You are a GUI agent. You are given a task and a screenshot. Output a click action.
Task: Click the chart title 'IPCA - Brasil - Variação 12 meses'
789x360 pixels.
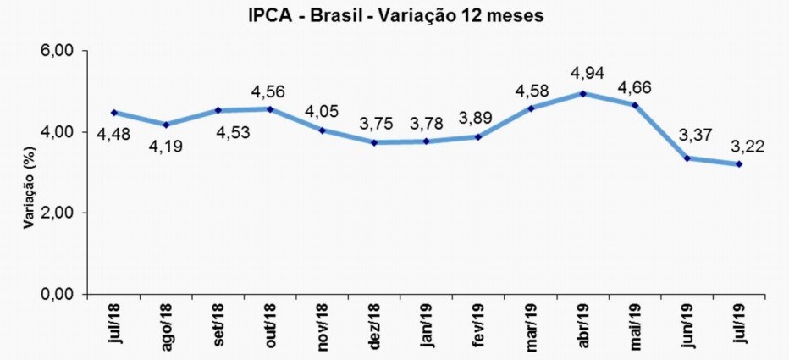[394, 15]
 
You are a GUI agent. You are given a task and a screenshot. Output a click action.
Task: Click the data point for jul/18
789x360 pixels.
[113, 113]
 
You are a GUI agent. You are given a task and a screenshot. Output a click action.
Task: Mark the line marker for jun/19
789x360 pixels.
[687, 158]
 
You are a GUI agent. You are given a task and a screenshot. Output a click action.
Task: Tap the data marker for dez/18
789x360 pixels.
[374, 142]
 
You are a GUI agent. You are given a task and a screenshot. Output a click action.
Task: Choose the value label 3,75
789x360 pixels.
[373, 124]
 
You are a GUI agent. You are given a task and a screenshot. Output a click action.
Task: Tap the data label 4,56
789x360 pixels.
[269, 91]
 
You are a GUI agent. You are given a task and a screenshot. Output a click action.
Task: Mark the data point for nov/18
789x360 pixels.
[322, 130]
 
